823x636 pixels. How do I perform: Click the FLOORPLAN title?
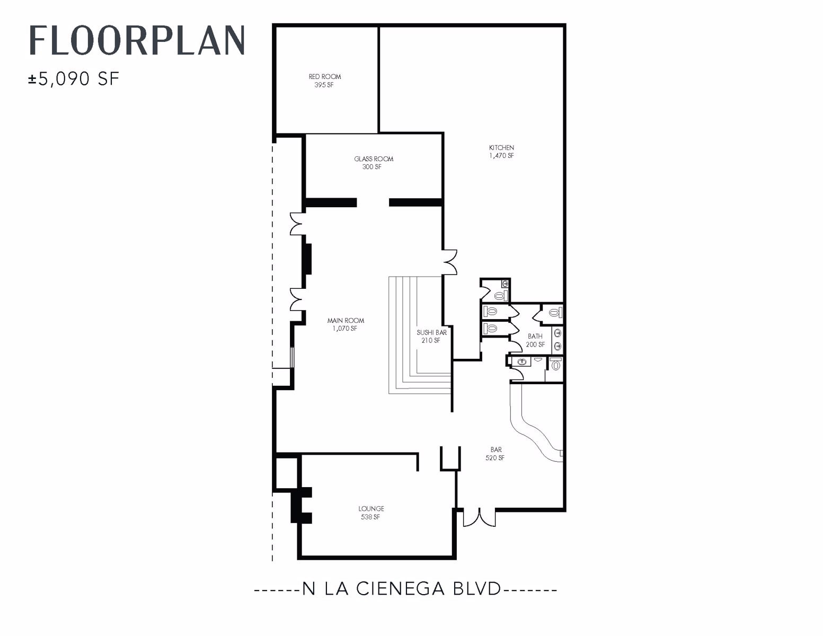pyautogui.click(x=137, y=40)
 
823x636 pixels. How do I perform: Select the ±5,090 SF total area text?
pyautogui.click(x=74, y=79)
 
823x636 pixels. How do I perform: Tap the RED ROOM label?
pyautogui.click(x=325, y=76)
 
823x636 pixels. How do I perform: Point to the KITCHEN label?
pyautogui.click(x=501, y=147)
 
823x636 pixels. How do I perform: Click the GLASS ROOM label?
pyautogui.click(x=374, y=158)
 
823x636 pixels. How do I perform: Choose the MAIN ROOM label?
pyautogui.click(x=346, y=320)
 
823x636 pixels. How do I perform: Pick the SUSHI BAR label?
pyautogui.click(x=431, y=332)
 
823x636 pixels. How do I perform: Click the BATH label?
pyautogui.click(x=535, y=336)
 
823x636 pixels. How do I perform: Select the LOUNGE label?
pyautogui.click(x=371, y=508)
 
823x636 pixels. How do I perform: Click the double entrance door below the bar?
pyautogui.click(x=479, y=518)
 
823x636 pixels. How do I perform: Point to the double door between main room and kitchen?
pyautogui.click(x=450, y=261)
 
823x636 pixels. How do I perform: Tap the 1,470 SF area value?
pyautogui.click(x=501, y=156)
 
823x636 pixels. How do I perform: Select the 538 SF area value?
pyautogui.click(x=370, y=517)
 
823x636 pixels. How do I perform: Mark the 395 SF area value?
pyautogui.click(x=324, y=85)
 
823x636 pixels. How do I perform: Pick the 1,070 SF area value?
pyautogui.click(x=344, y=329)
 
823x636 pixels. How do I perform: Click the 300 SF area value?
pyautogui.click(x=372, y=167)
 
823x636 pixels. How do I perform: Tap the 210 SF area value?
pyautogui.click(x=430, y=341)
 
